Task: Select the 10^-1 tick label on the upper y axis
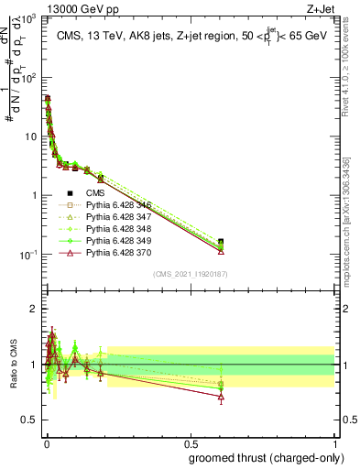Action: (28, 255)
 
